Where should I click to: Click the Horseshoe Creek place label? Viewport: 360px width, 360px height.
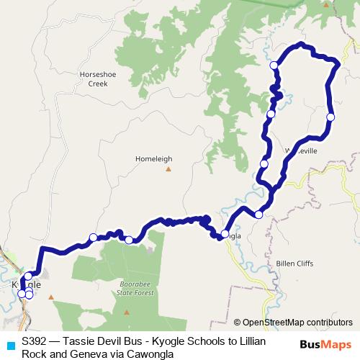coord(98,78)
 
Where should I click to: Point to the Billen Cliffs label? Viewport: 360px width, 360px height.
coord(294,264)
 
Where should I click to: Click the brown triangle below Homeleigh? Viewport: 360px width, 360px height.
coord(168,170)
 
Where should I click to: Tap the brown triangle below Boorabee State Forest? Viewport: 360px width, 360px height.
coord(127,312)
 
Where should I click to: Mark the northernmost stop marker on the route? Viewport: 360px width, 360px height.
coord(274,66)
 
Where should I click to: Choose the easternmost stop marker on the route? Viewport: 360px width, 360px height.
coord(330,117)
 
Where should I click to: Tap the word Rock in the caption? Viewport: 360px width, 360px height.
coord(35,353)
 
